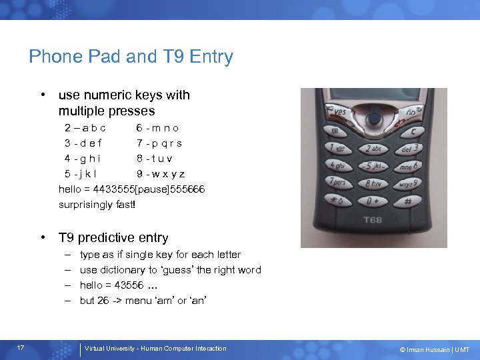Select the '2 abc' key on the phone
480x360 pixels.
pyautogui.click(x=375, y=149)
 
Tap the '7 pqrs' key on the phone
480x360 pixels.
pyautogui.click(x=338, y=182)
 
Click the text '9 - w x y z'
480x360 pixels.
pyautogui.click(x=160, y=175)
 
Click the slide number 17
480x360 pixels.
pyautogui.click(x=21, y=348)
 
